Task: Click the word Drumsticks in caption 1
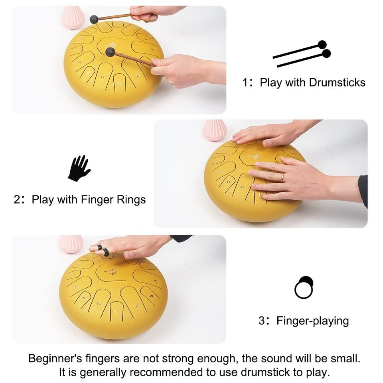(337, 83)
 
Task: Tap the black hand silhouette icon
(79, 168)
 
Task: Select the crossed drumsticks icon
(302, 54)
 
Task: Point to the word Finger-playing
(312, 321)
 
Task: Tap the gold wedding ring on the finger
(282, 178)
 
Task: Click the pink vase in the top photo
(73, 18)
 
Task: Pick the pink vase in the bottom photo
(71, 245)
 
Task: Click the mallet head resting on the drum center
(110, 52)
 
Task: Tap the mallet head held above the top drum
(94, 19)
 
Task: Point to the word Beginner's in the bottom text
(55, 359)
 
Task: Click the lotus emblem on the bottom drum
(113, 272)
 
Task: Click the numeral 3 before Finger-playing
(262, 321)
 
